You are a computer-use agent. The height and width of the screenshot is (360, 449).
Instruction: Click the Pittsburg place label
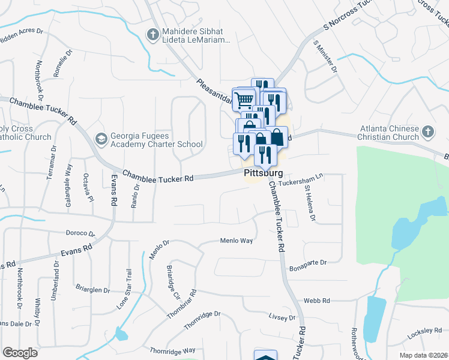[263, 173]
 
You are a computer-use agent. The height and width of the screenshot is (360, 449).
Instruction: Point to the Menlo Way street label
[237, 241]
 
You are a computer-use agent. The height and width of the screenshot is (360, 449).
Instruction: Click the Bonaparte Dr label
[307, 263]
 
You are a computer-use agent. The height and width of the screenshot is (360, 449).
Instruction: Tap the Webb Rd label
[318, 300]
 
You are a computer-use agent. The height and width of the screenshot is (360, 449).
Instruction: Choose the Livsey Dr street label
[283, 317]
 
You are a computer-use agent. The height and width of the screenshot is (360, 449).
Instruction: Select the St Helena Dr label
[310, 203]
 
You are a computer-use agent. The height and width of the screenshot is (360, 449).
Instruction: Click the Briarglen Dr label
[93, 289]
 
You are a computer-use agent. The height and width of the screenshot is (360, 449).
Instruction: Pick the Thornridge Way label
[173, 350]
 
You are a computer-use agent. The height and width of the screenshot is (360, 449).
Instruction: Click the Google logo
[20, 352]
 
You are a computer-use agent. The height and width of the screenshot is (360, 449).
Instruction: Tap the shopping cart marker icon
[244, 99]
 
